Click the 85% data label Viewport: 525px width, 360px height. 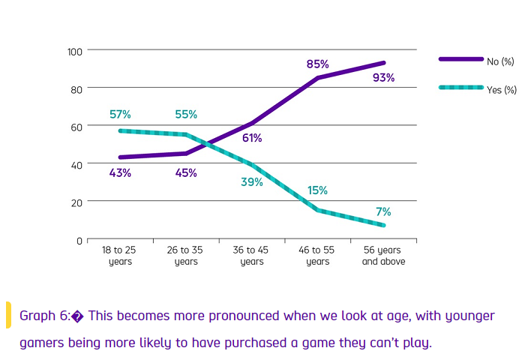318,64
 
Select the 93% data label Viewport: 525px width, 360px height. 383,77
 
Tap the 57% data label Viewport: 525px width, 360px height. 120,115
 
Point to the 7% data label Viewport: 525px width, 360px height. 383,212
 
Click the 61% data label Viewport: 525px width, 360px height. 252,138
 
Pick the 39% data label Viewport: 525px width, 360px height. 252,182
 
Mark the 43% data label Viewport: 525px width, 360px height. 120,173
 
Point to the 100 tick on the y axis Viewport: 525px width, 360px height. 73,51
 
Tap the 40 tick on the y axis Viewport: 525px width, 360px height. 76,164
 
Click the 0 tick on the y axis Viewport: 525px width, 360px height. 79,241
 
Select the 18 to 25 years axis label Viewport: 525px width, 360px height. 120,256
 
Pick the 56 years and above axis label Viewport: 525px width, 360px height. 383,256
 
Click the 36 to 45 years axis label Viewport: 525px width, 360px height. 252,256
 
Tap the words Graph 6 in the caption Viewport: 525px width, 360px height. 44,316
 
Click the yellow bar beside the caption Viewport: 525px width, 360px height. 8,315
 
